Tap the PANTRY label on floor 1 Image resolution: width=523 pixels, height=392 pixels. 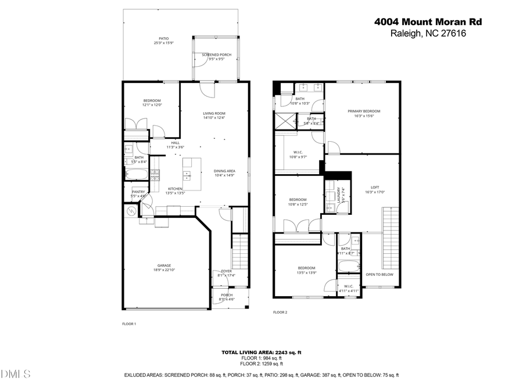pos(138,192)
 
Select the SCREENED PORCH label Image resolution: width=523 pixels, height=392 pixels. pos(216,55)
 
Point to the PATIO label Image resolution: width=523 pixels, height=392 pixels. pos(164,39)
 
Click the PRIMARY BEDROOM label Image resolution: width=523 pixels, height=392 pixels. pos(364,111)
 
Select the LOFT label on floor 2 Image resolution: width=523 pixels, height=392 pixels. pos(375,187)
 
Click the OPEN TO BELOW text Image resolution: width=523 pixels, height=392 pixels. pos(379,274)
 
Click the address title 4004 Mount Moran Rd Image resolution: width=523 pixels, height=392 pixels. pos(428,22)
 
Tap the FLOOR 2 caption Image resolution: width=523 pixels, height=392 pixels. pos(280,312)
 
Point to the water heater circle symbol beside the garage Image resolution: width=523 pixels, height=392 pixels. pos(130,212)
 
